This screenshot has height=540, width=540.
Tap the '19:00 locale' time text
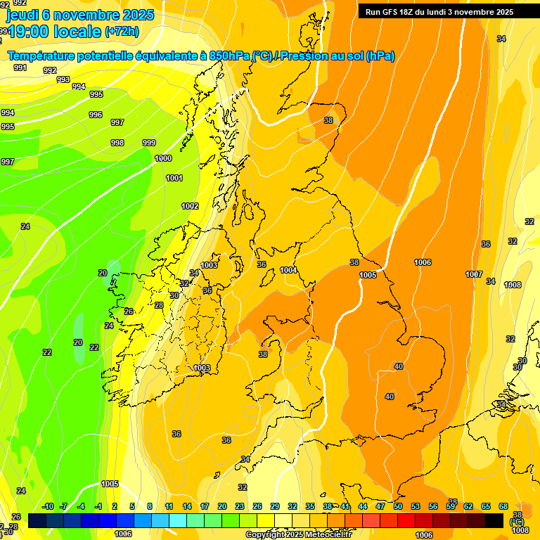55,31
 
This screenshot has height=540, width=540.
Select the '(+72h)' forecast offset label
122,32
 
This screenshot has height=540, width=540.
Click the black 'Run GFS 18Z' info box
439,12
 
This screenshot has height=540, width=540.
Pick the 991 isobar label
20,67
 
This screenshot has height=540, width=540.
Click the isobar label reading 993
63,79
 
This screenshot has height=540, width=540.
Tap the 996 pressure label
96,115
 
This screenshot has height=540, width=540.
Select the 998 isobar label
117,143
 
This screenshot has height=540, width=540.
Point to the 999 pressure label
149,143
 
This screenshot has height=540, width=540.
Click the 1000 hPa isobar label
163,158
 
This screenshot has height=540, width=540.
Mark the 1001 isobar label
174,178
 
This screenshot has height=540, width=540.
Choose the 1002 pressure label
190,206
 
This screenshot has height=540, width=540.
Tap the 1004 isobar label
288,270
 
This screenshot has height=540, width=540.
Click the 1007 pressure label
474,274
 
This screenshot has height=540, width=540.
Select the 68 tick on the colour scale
503,506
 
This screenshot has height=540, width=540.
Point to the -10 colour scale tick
48,506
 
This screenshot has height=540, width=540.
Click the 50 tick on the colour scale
398,506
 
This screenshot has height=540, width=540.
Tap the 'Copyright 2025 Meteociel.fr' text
299,535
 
